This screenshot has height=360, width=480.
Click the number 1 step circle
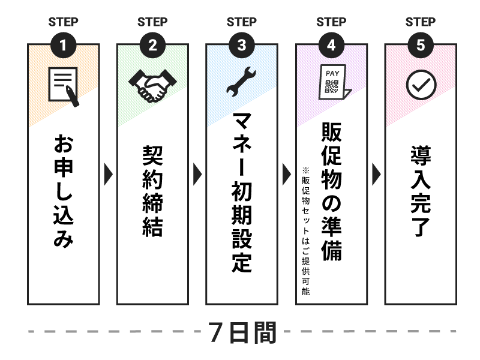63,45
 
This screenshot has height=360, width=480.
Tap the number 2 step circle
152,45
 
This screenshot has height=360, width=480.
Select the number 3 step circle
242,45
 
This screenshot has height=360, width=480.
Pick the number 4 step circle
331,45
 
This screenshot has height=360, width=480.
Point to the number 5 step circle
421,45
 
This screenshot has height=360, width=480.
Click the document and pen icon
64,86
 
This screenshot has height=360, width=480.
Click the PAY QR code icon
334,83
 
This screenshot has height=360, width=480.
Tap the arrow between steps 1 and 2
108,174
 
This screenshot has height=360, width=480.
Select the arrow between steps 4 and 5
376,174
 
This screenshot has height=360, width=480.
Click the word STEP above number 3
242,22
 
